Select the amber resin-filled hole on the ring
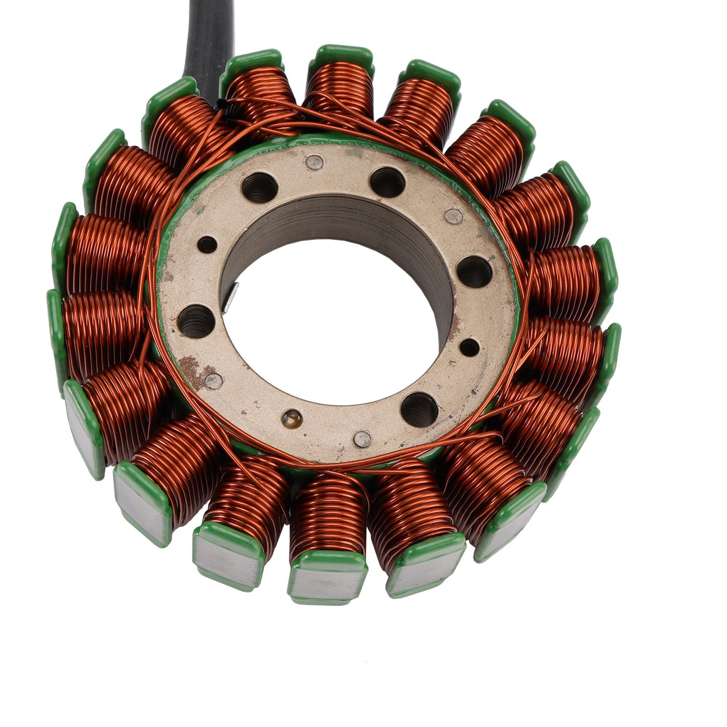[292, 417]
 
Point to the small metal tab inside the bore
[230, 297]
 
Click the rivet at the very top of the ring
[315, 162]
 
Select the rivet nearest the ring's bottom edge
[362, 438]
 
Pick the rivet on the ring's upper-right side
[454, 216]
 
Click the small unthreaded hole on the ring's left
[207, 245]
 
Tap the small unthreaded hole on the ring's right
[469, 347]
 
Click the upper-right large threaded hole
[387, 182]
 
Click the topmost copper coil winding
[340, 88]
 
